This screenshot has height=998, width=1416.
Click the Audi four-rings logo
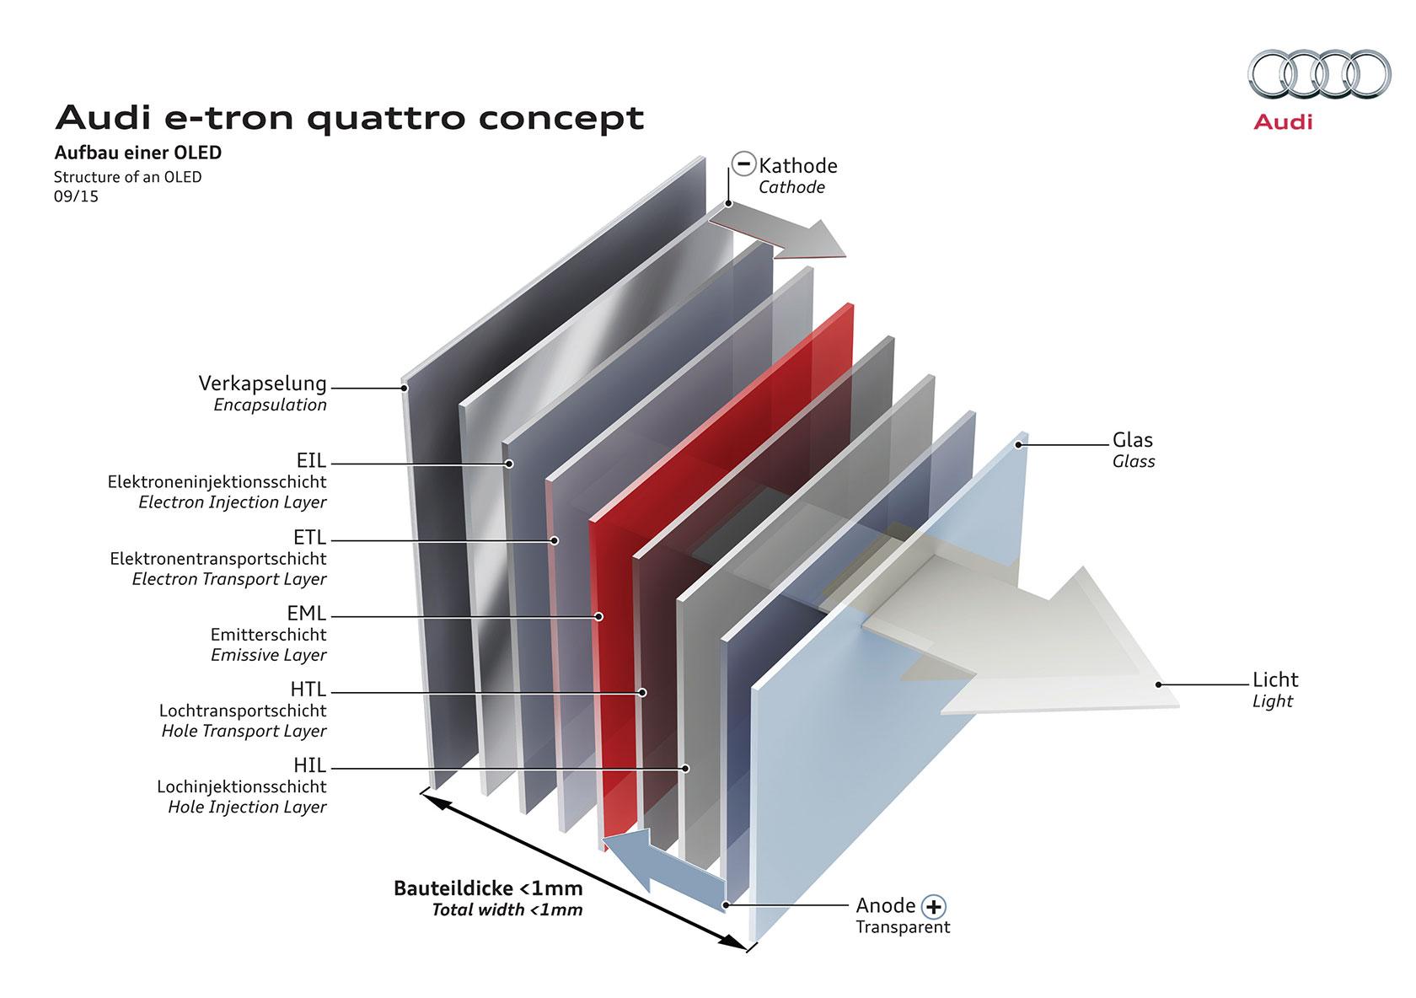[1320, 74]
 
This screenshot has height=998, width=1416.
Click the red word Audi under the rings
[1283, 122]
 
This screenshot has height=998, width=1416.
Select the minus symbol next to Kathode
[743, 163]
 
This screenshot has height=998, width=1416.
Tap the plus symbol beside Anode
[934, 907]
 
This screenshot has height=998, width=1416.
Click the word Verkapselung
[262, 383]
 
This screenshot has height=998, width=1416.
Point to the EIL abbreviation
[311, 460]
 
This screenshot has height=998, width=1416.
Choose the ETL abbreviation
[310, 537]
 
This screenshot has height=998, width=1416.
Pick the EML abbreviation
[307, 613]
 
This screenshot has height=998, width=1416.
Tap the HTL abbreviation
[308, 689]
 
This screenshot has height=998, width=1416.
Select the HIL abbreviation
[310, 765]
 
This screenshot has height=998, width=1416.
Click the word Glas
[1133, 440]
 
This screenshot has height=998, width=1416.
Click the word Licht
[1276, 679]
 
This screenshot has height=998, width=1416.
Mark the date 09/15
[76, 196]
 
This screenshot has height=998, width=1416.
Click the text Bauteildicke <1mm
[488, 888]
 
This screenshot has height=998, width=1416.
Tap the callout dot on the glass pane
[1019, 445]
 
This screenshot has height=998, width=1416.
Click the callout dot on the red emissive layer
[599, 616]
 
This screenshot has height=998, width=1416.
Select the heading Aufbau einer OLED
[138, 153]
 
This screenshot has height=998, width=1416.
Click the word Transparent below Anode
[903, 927]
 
